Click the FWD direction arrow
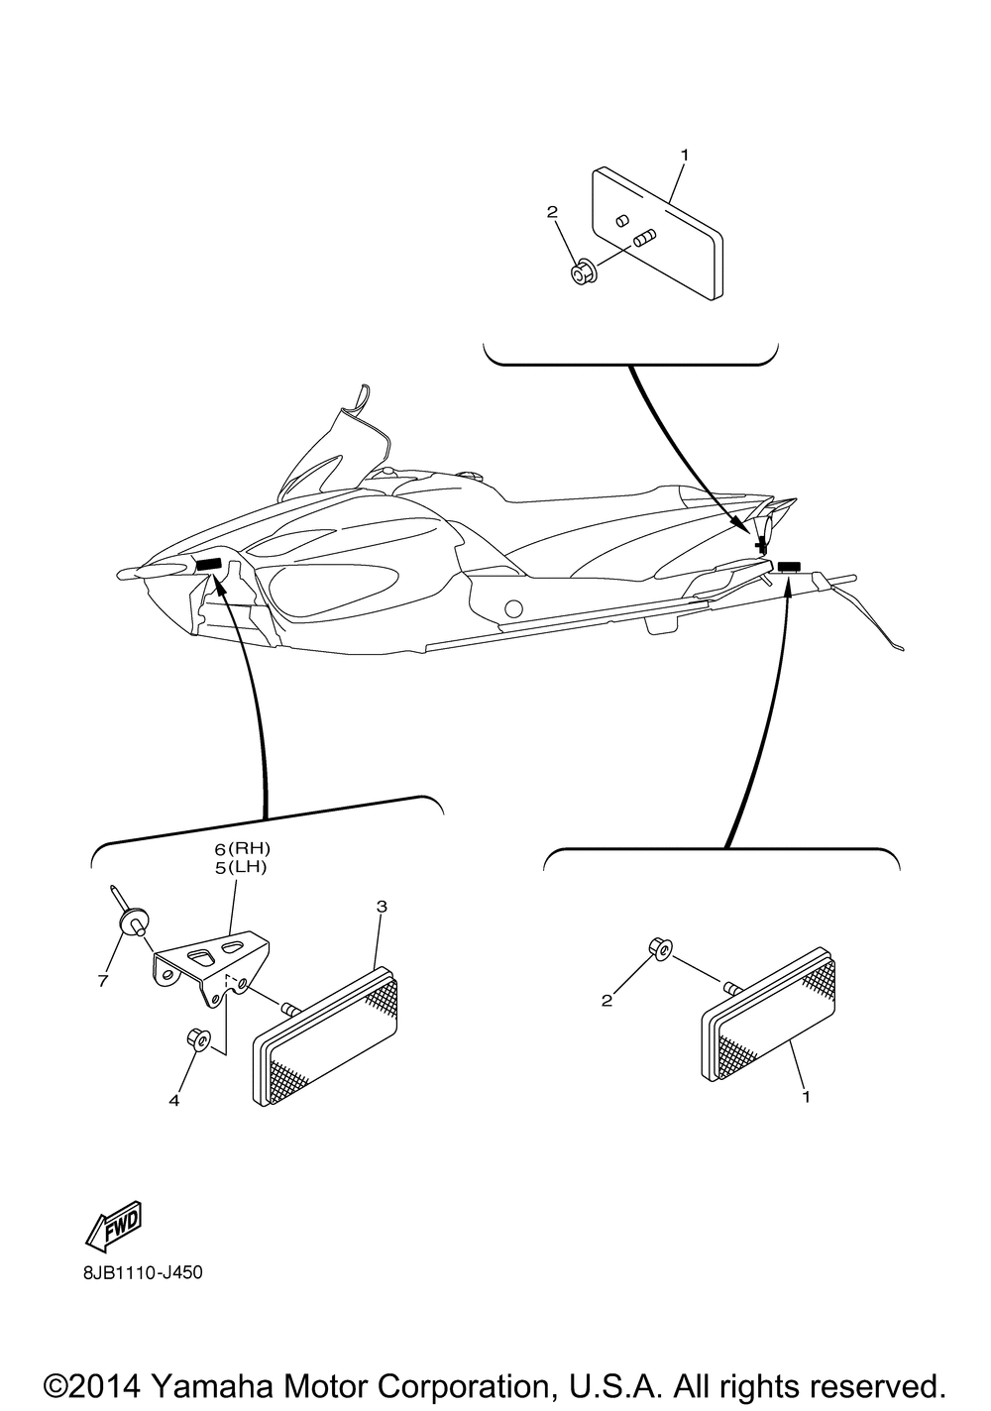[115, 1226]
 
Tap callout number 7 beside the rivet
[102, 981]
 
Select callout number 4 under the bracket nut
[174, 1098]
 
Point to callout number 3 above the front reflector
[382, 907]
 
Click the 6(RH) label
[242, 849]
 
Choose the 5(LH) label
[242, 867]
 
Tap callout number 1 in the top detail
[684, 156]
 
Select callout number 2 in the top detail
[553, 212]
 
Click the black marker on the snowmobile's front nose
[208, 564]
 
